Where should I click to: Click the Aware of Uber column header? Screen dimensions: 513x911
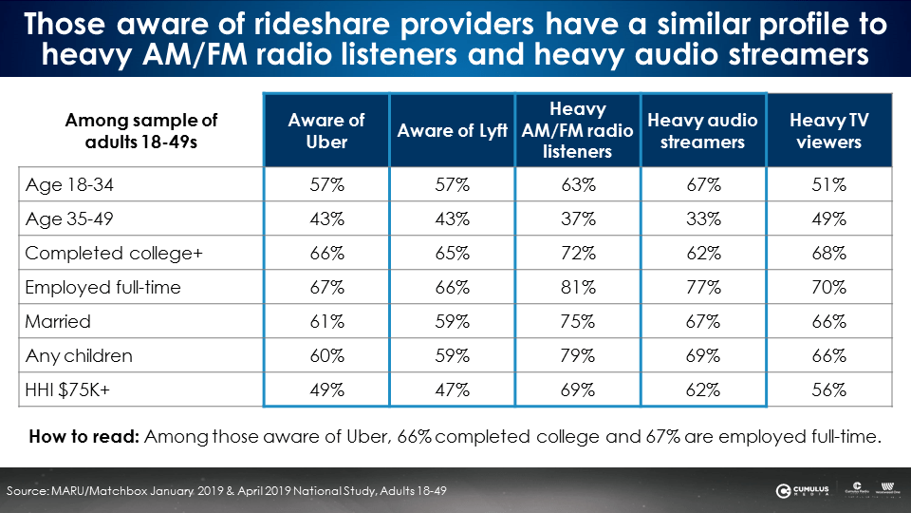tap(326, 131)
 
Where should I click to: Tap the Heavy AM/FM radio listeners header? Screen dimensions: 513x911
tap(577, 131)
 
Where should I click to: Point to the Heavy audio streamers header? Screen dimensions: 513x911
tap(703, 131)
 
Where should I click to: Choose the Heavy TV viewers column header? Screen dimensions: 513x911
tap(829, 131)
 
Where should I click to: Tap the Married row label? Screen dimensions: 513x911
tap(58, 322)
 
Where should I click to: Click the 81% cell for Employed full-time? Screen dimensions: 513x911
tap(577, 288)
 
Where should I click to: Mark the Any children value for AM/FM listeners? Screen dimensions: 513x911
tap(577, 356)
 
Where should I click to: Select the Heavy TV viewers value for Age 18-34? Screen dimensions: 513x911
tap(829, 185)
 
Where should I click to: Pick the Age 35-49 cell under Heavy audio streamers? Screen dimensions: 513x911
tap(703, 219)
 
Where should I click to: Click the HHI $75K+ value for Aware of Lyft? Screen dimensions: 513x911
tap(452, 389)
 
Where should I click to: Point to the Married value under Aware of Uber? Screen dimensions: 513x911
tap(326, 322)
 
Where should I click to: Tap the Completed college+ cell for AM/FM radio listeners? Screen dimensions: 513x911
tap(577, 254)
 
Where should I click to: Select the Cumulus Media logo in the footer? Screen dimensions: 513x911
tap(804, 490)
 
